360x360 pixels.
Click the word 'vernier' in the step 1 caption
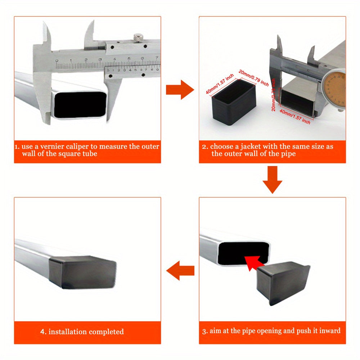[49, 147]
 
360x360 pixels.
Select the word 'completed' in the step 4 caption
[106, 332]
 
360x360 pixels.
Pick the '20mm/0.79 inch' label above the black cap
[254, 78]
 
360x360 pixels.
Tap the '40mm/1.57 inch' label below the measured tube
[295, 117]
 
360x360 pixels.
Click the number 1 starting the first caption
[16, 147]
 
